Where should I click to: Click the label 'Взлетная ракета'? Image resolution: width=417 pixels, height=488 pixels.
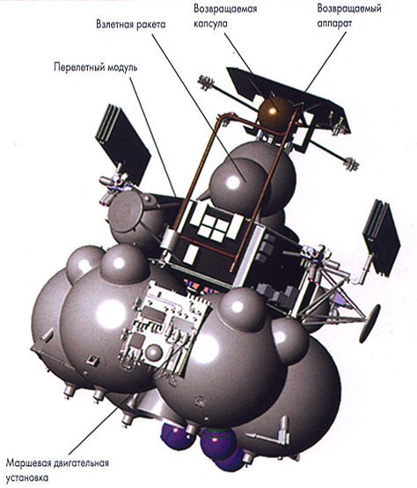pos(130,25)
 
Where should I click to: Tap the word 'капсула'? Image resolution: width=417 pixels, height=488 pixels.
pos(210,24)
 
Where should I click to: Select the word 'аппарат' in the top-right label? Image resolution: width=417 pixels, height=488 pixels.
pos(334,24)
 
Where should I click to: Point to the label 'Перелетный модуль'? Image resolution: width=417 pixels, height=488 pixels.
pos(96,68)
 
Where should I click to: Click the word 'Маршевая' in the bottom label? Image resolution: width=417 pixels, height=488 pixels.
pos(28,463)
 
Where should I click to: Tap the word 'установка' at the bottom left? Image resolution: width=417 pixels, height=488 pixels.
pos(27,477)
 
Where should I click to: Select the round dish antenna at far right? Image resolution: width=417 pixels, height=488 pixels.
pos(369,324)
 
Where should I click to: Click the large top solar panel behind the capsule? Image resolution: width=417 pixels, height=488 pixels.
pos(289,98)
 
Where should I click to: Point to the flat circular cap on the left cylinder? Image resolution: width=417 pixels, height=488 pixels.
pos(126,212)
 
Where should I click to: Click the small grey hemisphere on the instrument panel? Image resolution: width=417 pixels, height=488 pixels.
pos(154,353)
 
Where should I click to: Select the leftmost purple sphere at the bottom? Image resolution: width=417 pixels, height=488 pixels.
pos(174,437)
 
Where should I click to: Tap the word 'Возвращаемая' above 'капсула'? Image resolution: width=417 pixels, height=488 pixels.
pos(225,9)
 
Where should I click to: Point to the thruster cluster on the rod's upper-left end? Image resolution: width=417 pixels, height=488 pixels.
pos(206,82)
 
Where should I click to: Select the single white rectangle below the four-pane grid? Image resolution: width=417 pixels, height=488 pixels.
pos(191,254)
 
